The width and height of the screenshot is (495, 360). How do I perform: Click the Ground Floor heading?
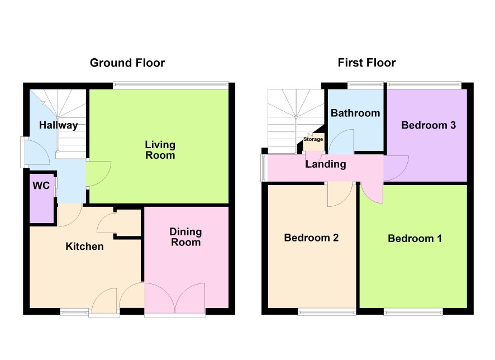tap(127, 63)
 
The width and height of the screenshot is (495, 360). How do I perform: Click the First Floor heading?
tap(367, 63)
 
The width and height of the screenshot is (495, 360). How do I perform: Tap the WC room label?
tap(41, 186)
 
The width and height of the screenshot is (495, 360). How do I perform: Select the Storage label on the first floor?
tap(313, 139)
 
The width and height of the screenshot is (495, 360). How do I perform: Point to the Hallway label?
tap(59, 125)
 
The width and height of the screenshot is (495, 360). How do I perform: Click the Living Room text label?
tap(160, 150)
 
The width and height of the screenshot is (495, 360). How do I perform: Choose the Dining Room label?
tap(185, 237)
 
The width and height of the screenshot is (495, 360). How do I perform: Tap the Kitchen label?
tap(84, 247)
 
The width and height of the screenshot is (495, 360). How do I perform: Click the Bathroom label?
tap(355, 113)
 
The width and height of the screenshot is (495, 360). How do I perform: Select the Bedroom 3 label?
tap(429, 125)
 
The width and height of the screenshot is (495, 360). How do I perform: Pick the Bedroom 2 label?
tap(311, 238)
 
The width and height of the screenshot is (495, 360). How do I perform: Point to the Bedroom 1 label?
tap(415, 238)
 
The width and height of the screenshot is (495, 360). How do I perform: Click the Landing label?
tap(326, 164)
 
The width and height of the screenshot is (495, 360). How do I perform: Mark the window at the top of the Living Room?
tap(170, 84)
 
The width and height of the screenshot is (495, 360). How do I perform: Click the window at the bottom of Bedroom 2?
tap(327, 312)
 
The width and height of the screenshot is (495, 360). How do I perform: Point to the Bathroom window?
tap(365, 84)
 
